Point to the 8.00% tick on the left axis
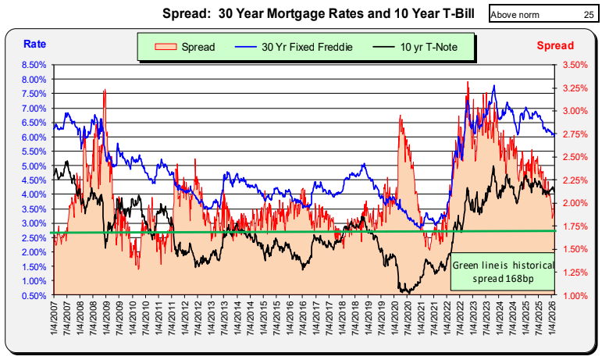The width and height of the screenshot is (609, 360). coord(35,80)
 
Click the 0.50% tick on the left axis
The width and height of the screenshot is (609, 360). coord(35,295)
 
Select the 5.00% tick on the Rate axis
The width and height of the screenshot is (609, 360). coord(35,166)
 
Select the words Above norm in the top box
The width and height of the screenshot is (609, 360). coord(516,14)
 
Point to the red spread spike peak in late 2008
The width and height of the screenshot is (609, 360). coord(104,91)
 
